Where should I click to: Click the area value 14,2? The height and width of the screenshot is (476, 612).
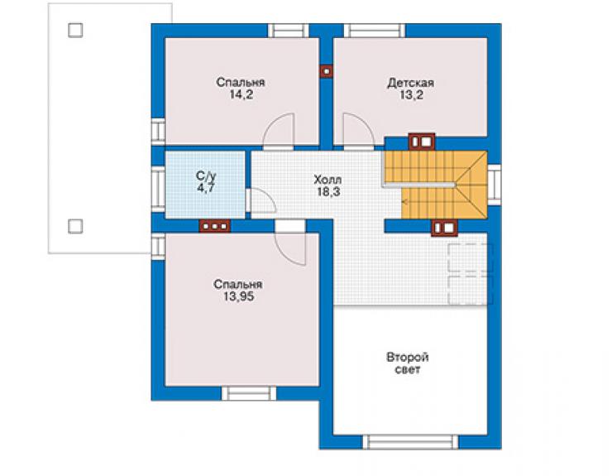click(x=241, y=94)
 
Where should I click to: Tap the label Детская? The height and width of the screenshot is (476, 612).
click(x=410, y=83)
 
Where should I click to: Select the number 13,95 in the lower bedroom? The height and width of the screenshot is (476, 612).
click(x=238, y=296)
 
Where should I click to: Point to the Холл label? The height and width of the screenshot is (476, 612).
click(x=328, y=180)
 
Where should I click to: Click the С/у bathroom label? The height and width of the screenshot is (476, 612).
click(x=206, y=175)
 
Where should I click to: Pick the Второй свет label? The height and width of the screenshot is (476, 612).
click(x=408, y=363)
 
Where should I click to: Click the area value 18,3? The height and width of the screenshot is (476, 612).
click(x=328, y=192)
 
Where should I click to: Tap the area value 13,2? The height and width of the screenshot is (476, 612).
click(x=411, y=95)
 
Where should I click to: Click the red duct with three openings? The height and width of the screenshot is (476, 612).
click(x=214, y=226)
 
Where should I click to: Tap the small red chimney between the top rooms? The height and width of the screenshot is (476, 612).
click(x=326, y=71)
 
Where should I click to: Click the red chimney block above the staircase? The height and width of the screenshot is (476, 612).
click(x=422, y=142)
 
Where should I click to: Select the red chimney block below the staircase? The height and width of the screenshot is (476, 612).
click(x=444, y=228)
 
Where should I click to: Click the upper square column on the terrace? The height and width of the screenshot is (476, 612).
click(x=75, y=30)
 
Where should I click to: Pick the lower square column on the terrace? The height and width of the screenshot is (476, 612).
click(x=75, y=226)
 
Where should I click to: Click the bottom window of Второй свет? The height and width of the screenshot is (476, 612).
click(x=410, y=442)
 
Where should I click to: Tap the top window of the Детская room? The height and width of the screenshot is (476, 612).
click(x=375, y=31)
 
